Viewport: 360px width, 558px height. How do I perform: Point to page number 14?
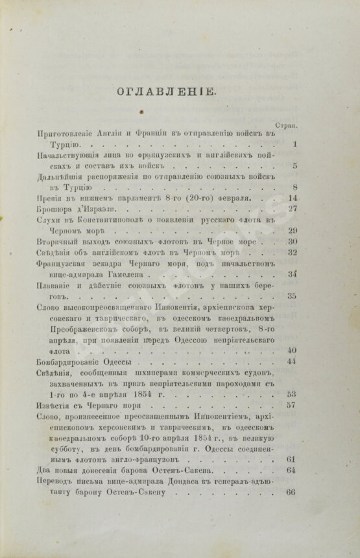point(292,198)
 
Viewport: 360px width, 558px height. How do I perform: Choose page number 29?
point(292,230)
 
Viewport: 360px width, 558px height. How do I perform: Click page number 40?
point(292,350)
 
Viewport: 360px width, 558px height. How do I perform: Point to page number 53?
point(292,393)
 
